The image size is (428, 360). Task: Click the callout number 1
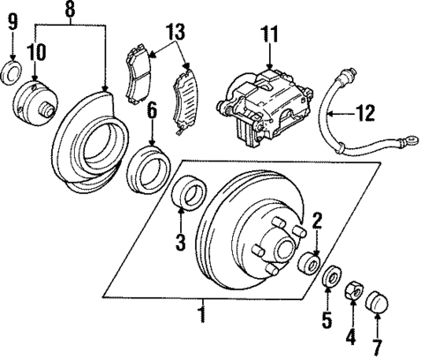(202, 312)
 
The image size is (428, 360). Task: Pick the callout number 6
(152, 112)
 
